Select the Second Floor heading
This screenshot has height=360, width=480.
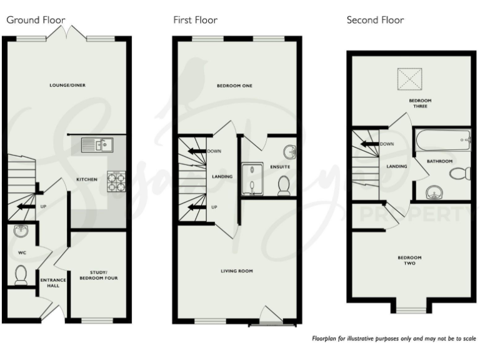(375, 20)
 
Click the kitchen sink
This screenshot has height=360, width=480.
(98, 146)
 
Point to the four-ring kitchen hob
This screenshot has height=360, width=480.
(117, 181)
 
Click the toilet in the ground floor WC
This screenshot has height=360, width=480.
(21, 273)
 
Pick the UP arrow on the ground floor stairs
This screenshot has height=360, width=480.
(26, 206)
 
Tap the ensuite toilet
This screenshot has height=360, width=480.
(283, 184)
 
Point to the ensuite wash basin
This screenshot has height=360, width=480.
(289, 152)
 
